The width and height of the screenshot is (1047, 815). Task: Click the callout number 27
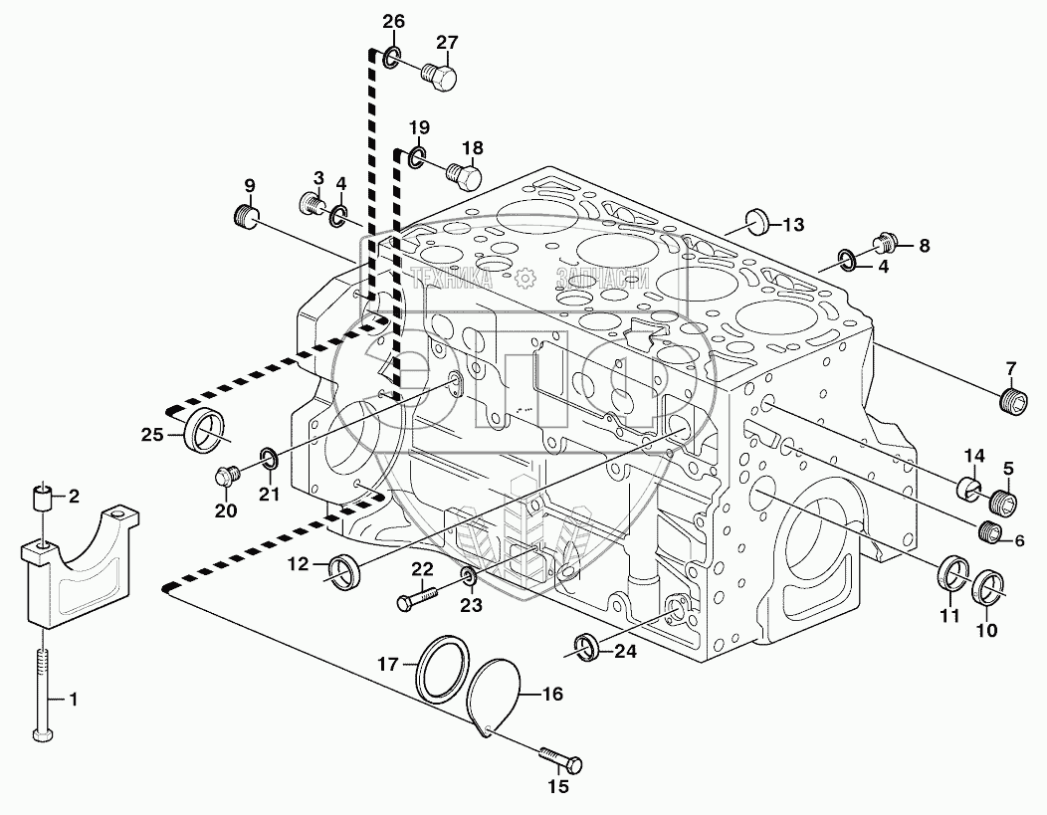click(x=446, y=42)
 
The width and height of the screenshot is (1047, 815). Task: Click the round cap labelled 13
click(x=758, y=221)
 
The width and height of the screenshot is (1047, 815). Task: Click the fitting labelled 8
click(x=885, y=241)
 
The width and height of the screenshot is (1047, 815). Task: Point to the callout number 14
click(x=972, y=457)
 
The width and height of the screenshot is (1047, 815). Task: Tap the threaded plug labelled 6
click(x=989, y=532)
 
